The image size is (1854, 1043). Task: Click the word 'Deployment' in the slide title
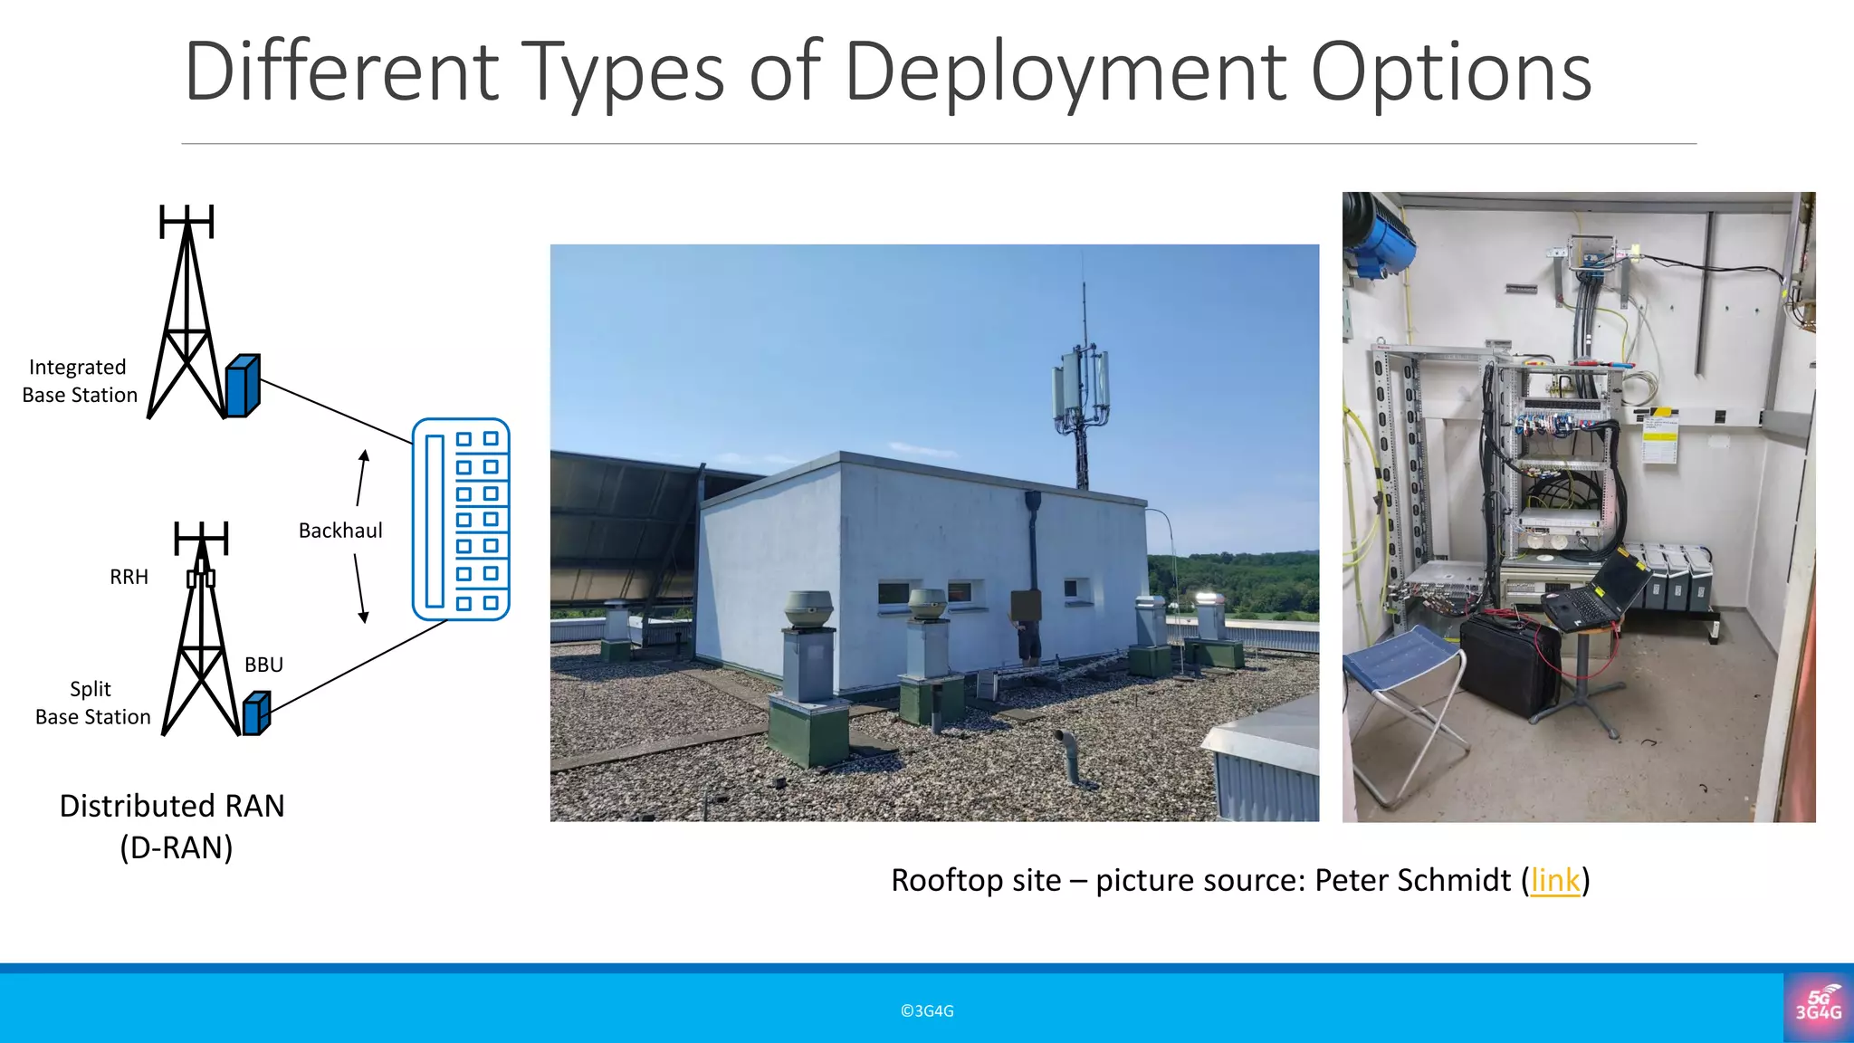(x=1065, y=72)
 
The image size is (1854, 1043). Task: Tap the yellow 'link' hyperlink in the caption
(x=1555, y=880)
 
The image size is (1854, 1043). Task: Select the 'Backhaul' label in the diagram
(x=340, y=531)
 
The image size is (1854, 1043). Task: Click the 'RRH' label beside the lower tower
(x=129, y=577)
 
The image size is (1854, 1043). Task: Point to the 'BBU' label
(x=263, y=665)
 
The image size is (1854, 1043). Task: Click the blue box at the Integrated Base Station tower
(x=243, y=386)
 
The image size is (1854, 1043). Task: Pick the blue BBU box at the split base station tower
(x=257, y=713)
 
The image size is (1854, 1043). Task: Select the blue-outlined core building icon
(x=461, y=519)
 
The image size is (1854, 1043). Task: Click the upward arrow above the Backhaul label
(x=362, y=477)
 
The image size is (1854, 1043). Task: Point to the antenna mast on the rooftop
(x=1082, y=389)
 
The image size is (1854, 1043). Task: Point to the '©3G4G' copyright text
(x=927, y=1011)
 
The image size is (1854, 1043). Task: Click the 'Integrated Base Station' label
(x=80, y=381)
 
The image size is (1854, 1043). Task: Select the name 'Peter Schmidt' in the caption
(x=1412, y=880)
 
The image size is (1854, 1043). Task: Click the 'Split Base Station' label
(x=92, y=703)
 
